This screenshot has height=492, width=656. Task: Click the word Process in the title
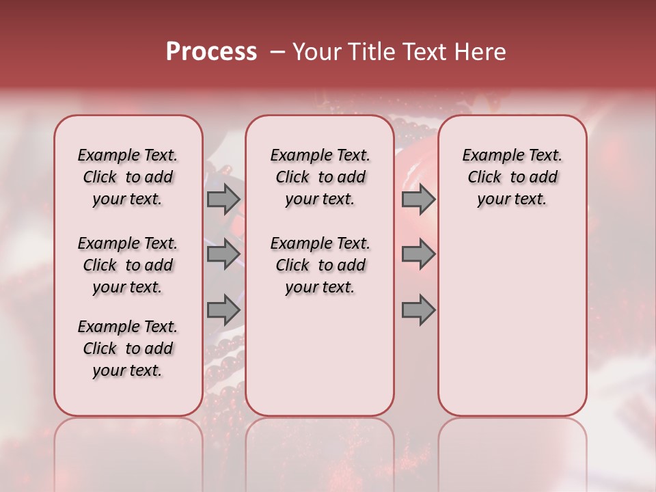(211, 52)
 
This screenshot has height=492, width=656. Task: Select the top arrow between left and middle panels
(223, 200)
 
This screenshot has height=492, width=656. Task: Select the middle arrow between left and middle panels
(223, 254)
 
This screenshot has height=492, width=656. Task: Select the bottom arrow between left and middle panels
(223, 310)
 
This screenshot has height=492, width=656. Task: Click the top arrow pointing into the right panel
(418, 200)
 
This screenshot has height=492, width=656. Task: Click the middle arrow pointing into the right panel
(418, 254)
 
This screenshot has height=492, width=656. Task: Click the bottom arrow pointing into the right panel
(418, 310)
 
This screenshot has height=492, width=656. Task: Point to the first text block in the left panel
(128, 177)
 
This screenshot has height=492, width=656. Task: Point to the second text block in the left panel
(128, 265)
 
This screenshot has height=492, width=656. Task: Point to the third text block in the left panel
(128, 348)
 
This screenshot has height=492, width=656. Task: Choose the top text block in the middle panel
(320, 177)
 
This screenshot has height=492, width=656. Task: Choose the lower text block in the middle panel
(320, 265)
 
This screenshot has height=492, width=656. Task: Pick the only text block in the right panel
(512, 177)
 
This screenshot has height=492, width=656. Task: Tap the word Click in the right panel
(484, 178)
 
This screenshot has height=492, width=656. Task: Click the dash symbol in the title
(278, 52)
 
